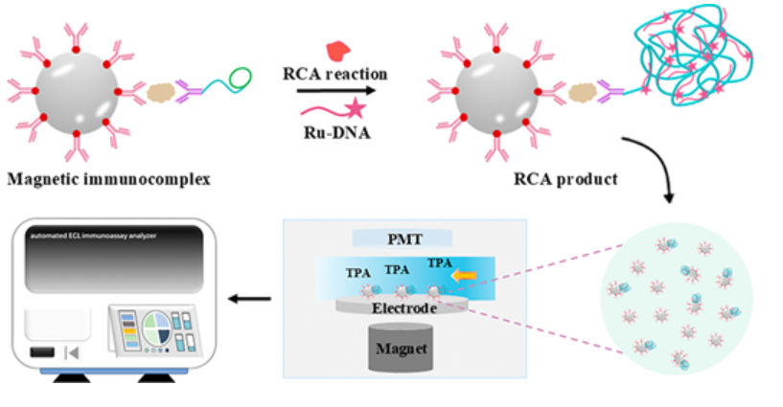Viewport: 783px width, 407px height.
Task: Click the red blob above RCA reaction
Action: [338, 51]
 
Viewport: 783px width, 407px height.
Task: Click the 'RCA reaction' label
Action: [335, 74]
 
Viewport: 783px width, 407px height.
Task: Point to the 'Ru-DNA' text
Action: [337, 133]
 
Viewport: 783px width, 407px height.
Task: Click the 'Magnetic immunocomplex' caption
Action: [109, 178]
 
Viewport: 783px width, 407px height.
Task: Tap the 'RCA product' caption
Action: [565, 178]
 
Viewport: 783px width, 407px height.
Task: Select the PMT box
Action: [403, 238]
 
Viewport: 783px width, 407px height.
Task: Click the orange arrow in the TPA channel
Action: [465, 276]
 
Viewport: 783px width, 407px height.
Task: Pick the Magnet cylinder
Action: [401, 348]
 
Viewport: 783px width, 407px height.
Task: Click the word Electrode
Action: [404, 307]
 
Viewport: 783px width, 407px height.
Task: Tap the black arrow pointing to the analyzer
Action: [249, 299]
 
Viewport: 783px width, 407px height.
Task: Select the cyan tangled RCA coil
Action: [693, 55]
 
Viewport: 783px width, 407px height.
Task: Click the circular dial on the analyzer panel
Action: [156, 328]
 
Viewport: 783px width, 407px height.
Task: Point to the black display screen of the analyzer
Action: [114, 260]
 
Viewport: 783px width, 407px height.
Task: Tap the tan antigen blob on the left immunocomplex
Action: [161, 92]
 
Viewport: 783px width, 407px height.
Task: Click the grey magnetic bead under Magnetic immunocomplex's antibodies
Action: [77, 92]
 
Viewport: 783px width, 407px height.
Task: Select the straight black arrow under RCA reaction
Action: [336, 91]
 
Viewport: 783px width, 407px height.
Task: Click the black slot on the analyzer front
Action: [42, 352]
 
